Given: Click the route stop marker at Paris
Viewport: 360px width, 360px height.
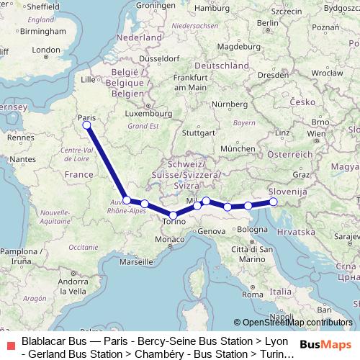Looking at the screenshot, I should tap(86, 125).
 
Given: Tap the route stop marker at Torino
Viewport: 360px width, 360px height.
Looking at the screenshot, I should tap(173, 215).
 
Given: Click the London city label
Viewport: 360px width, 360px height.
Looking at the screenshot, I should tap(47, 50).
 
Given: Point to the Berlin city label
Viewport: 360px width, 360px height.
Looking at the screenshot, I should tap(267, 23).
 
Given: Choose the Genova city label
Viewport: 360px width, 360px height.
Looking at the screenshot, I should tap(212, 231).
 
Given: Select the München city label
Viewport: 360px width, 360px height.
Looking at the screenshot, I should tap(238, 148).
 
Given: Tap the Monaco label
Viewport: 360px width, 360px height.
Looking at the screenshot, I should tap(170, 239).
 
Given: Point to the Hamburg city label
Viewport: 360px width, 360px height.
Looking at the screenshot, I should tap(212, 10).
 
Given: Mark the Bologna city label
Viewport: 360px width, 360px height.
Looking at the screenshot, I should tap(252, 230).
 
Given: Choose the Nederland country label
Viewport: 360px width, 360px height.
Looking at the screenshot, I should tap(140, 36).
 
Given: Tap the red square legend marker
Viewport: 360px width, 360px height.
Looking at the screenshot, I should tap(9, 344).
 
